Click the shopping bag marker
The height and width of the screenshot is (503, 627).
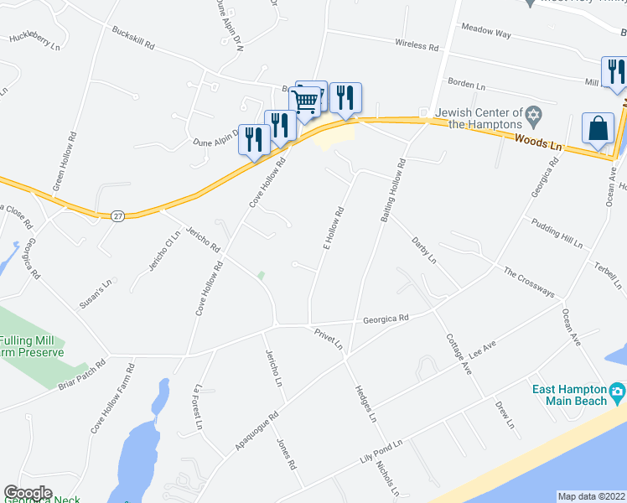tap(598, 130)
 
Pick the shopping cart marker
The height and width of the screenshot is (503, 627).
tap(307, 101)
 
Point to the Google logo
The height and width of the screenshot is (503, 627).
tap(28, 493)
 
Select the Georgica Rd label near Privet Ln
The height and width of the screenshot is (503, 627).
tap(385, 319)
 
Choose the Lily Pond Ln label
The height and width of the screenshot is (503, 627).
tap(381, 452)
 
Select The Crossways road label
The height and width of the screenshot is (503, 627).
tap(529, 282)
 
